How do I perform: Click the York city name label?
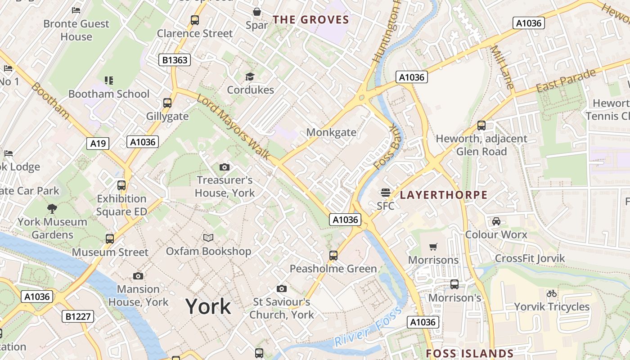(208, 307)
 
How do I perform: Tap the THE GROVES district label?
(311, 20)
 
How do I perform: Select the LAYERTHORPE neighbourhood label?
(444, 195)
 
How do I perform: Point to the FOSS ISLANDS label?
(470, 354)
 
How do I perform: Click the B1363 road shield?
(175, 60)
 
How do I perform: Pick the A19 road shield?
(98, 144)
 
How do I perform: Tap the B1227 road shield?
(78, 316)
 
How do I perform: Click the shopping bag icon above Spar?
(256, 12)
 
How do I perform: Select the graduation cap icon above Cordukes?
(250, 77)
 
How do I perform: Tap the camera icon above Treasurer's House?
(224, 167)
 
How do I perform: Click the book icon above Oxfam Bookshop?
(208, 238)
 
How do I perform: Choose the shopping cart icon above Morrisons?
(433, 247)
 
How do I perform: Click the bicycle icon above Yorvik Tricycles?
(551, 293)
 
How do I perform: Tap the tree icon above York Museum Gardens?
(52, 208)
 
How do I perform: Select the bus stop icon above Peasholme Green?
(333, 255)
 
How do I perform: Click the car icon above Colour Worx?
(496, 221)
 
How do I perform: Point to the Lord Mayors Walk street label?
(233, 127)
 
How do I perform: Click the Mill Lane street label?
(502, 67)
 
